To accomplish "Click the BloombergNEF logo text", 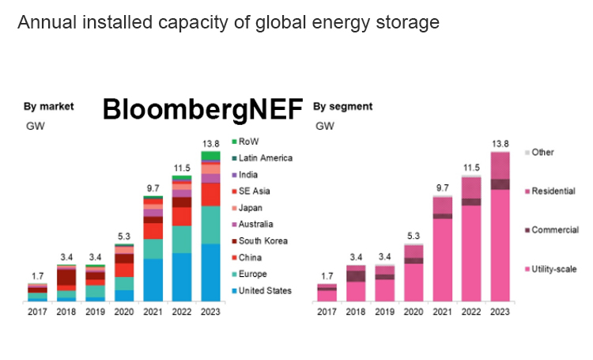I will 202,110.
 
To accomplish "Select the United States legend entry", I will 265,290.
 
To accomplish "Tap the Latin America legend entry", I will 265,157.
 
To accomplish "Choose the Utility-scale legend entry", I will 553,269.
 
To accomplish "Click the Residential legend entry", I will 553,191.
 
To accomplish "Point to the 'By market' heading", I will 48,106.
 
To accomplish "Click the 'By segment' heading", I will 343,106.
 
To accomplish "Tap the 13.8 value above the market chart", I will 211,143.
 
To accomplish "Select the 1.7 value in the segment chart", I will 327,276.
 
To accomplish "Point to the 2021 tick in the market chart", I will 153,312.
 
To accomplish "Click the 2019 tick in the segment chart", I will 385,312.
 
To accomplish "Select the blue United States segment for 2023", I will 211,273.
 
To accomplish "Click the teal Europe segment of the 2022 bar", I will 182,239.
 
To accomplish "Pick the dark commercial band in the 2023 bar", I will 500,184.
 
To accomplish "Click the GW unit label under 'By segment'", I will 324,126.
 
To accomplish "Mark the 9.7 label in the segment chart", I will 443,188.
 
